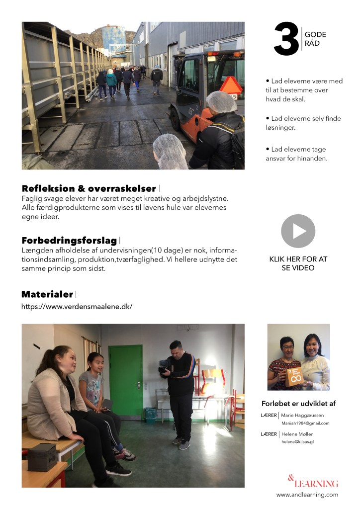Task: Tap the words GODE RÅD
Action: [316, 38]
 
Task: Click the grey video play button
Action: [298, 231]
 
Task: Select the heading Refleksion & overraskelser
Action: [89, 188]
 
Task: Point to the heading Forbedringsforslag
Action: [69, 241]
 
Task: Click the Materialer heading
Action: [47, 294]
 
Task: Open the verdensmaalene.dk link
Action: [77, 306]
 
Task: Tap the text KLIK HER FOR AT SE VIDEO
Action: [298, 263]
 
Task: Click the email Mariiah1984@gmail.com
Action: [305, 423]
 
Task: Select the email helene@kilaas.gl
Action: [297, 441]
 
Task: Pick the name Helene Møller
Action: [297, 434]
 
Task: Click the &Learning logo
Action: [313, 482]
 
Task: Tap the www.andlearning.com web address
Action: [307, 495]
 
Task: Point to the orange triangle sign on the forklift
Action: [230, 85]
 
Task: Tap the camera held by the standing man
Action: [164, 369]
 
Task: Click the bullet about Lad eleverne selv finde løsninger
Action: [303, 123]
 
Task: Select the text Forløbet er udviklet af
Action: [298, 403]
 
